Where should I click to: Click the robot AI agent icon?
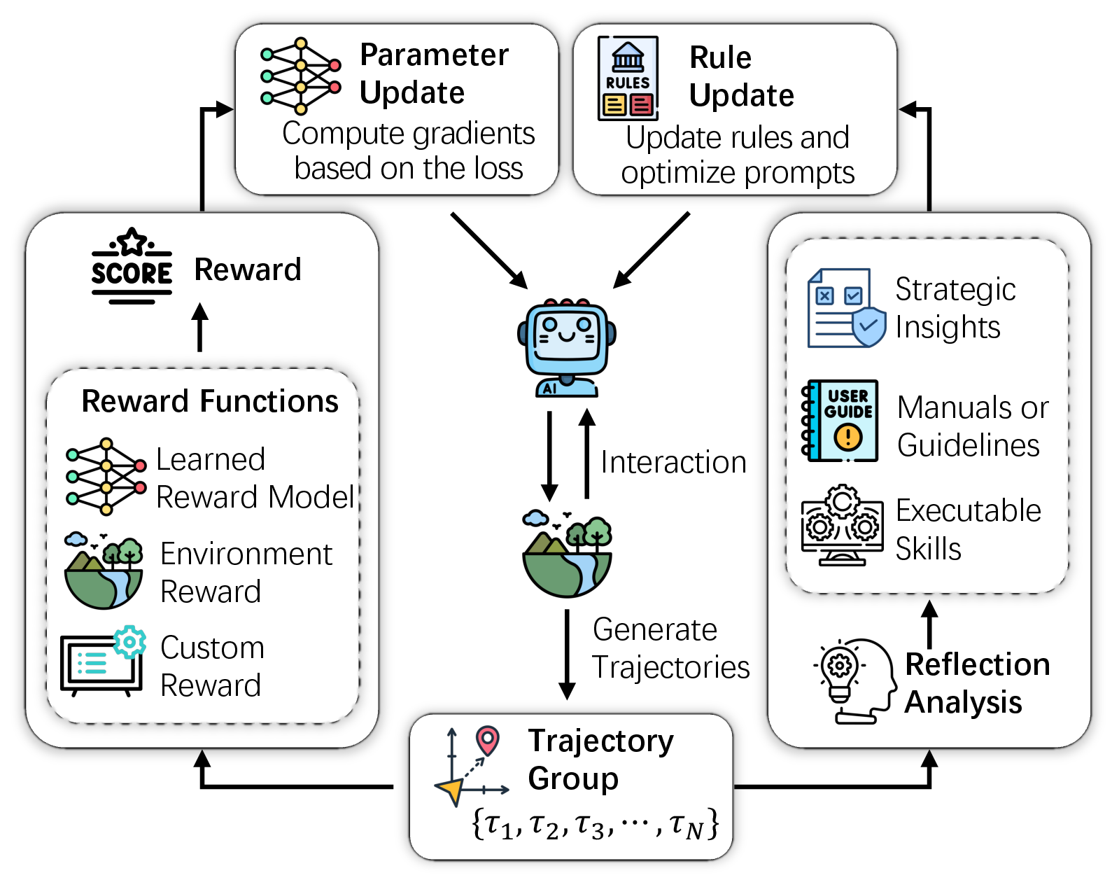point(567,347)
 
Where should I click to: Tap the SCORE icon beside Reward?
point(132,266)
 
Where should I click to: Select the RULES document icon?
point(628,78)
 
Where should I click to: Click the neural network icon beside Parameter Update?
point(300,76)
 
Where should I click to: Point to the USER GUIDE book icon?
point(840,420)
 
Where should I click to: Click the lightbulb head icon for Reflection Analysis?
point(855,681)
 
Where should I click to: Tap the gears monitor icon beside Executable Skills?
point(843,526)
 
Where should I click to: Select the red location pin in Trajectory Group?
point(488,740)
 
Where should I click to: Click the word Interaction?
point(673,462)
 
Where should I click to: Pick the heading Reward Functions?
point(210,401)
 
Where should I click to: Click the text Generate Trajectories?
point(671,648)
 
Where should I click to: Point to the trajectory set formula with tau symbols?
point(596,823)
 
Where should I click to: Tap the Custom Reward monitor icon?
point(103,661)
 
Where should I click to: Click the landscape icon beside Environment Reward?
point(104,570)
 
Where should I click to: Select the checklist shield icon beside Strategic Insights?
point(847,308)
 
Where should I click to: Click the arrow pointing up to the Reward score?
point(199,327)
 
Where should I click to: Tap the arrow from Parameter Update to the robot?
point(489,250)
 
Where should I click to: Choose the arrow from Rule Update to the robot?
point(652,250)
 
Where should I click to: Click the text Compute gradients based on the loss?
point(409,151)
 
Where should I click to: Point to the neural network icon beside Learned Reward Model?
point(106,477)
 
